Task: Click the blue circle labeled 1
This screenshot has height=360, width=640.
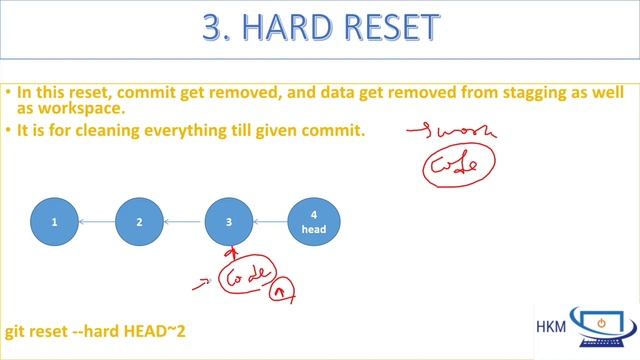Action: click(55, 222)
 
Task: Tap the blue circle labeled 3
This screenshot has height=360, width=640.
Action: click(229, 222)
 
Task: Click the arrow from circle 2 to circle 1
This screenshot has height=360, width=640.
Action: click(98, 222)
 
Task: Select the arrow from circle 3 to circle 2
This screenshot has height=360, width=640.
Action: click(185, 222)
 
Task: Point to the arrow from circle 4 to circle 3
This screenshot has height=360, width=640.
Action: click(271, 222)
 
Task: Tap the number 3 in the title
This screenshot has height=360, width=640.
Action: click(215, 28)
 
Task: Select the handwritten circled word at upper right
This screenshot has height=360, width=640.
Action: click(458, 164)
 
